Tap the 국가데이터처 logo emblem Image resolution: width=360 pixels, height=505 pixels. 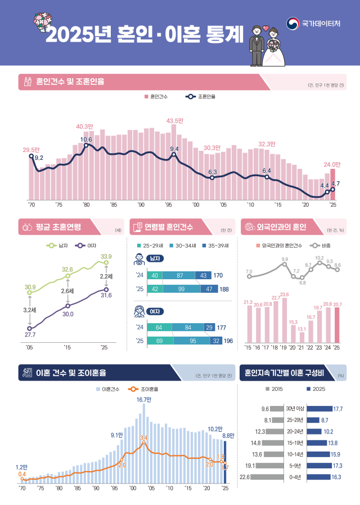tap(292, 24)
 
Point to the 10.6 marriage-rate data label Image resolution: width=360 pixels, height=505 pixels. tap(86, 139)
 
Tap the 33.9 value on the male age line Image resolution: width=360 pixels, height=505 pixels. tap(106, 257)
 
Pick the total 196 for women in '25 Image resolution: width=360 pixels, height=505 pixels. tap(228, 341)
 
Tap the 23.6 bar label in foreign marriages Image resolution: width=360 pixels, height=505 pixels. tap(284, 294)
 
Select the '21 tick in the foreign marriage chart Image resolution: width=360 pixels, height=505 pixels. tap(301, 347)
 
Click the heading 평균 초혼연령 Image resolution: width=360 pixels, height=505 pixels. tap(58, 227)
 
